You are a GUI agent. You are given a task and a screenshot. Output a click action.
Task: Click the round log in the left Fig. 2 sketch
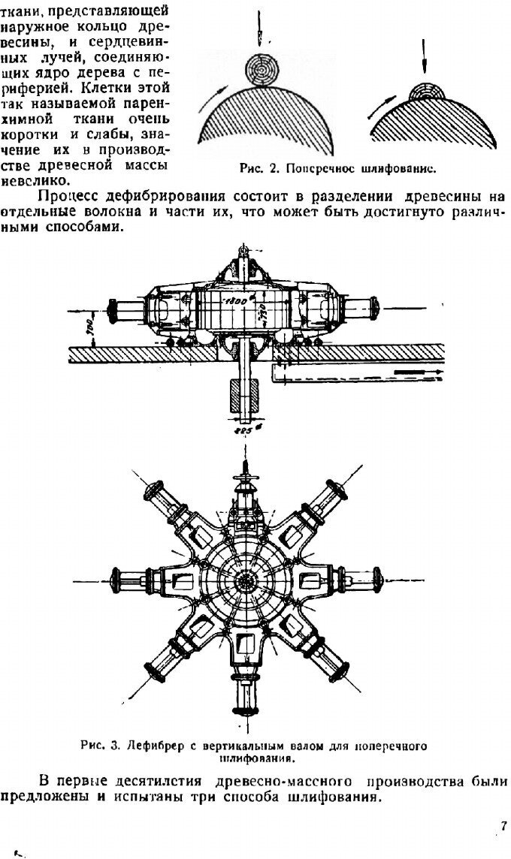pos(262,71)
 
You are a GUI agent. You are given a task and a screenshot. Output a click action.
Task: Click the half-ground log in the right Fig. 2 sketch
pos(426,93)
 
